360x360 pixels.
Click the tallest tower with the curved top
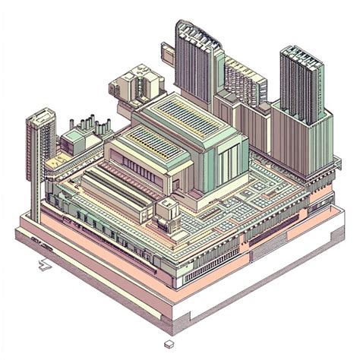click(195, 61)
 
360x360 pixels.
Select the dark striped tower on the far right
click(302, 84)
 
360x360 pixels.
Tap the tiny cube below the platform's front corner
click(168, 343)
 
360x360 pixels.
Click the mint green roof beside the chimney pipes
click(74, 139)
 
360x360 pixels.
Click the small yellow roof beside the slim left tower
click(55, 162)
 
